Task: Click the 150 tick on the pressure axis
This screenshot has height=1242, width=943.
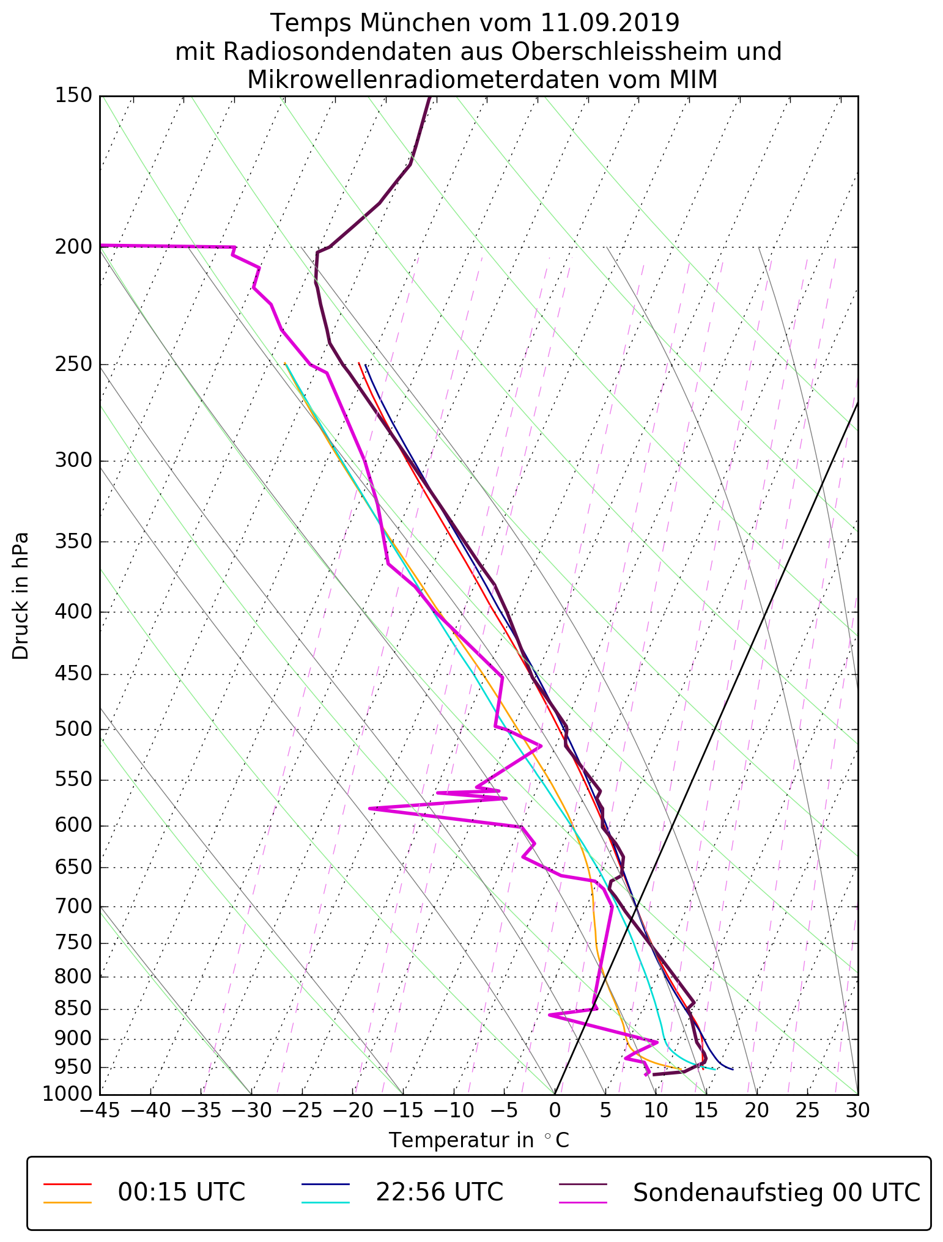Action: point(73,95)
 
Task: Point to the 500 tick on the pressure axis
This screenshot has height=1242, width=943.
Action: point(73,729)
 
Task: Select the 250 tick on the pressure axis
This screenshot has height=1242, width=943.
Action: point(73,364)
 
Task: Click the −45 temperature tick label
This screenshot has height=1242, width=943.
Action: point(100,1111)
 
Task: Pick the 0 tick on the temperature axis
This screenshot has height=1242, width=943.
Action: point(555,1111)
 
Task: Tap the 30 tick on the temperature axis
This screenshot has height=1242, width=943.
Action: point(857,1111)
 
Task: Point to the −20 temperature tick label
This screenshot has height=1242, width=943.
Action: point(352,1111)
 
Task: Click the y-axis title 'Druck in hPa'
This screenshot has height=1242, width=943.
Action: point(21,596)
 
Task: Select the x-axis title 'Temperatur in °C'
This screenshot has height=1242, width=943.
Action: point(479,1141)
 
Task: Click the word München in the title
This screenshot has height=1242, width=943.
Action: point(415,23)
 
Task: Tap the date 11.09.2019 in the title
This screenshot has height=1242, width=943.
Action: point(610,23)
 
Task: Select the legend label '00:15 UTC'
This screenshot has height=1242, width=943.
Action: point(182,1192)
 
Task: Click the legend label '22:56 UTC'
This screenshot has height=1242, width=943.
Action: point(439,1192)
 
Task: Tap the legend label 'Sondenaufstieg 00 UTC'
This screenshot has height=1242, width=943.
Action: point(776,1192)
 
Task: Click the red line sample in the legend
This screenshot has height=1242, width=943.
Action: point(67,1184)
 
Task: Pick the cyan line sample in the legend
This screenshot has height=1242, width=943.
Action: point(325,1202)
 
